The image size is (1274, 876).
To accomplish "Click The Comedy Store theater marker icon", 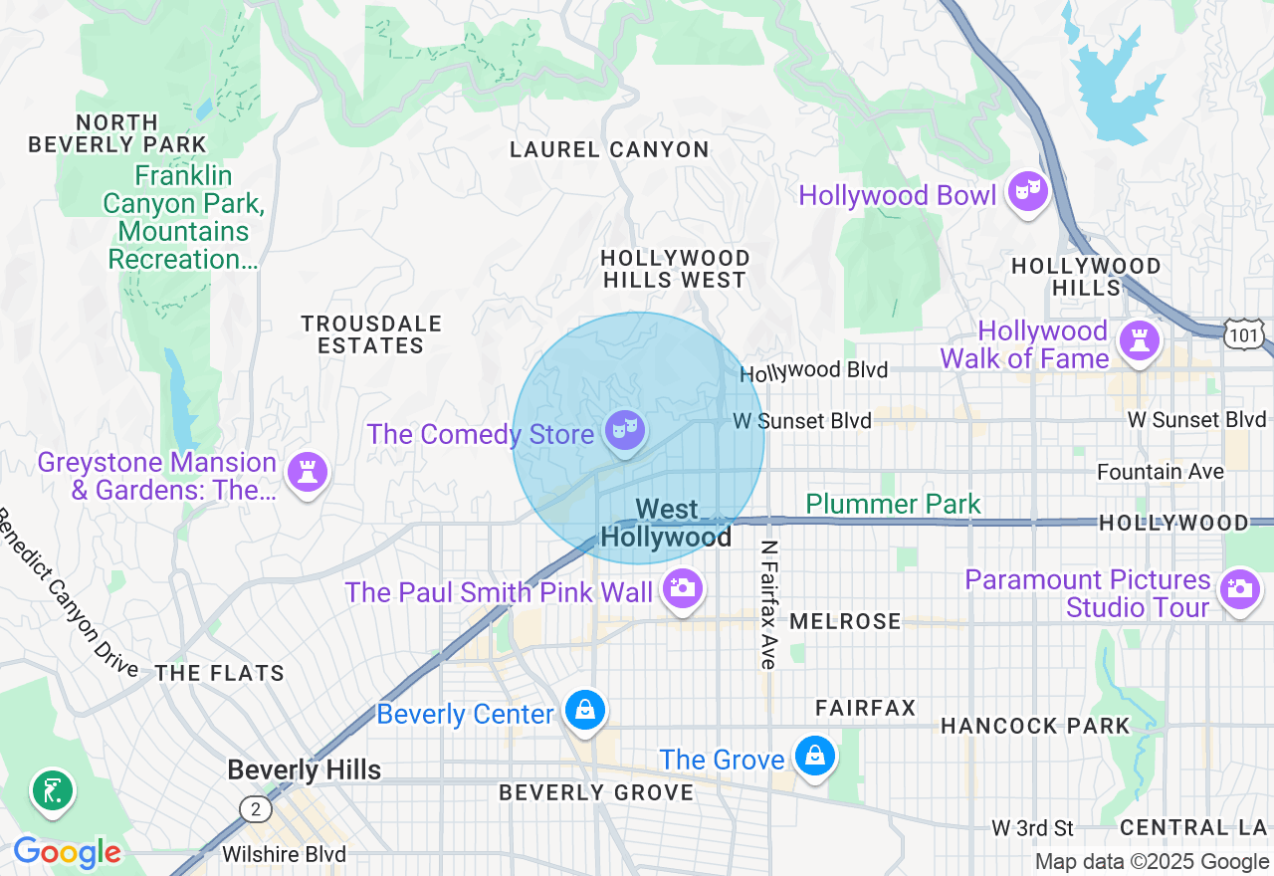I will [624, 431].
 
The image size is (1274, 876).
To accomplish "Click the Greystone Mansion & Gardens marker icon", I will [307, 472].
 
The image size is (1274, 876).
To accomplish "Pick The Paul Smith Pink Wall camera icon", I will [682, 587].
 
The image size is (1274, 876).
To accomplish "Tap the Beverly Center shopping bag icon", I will [585, 711].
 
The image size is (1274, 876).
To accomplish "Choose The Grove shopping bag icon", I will [815, 757].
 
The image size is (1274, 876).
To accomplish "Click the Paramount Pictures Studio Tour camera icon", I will [1239, 588].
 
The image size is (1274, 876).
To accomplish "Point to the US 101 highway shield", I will [1245, 334].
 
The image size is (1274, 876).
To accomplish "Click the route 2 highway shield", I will [256, 809].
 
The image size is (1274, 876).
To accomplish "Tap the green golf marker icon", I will [53, 791].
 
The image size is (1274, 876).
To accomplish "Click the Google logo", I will [67, 852].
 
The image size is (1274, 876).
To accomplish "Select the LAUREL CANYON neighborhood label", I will [609, 150].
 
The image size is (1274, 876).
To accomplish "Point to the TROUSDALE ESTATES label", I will [371, 335].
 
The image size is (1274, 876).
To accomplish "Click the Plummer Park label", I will [893, 505].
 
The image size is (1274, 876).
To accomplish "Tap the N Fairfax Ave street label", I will [767, 604].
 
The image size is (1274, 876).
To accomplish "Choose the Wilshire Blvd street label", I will [284, 854].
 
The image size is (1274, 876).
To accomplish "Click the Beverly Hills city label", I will [304, 770].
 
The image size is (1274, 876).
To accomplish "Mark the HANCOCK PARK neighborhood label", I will [1035, 726].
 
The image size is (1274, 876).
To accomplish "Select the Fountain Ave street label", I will [1160, 472].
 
